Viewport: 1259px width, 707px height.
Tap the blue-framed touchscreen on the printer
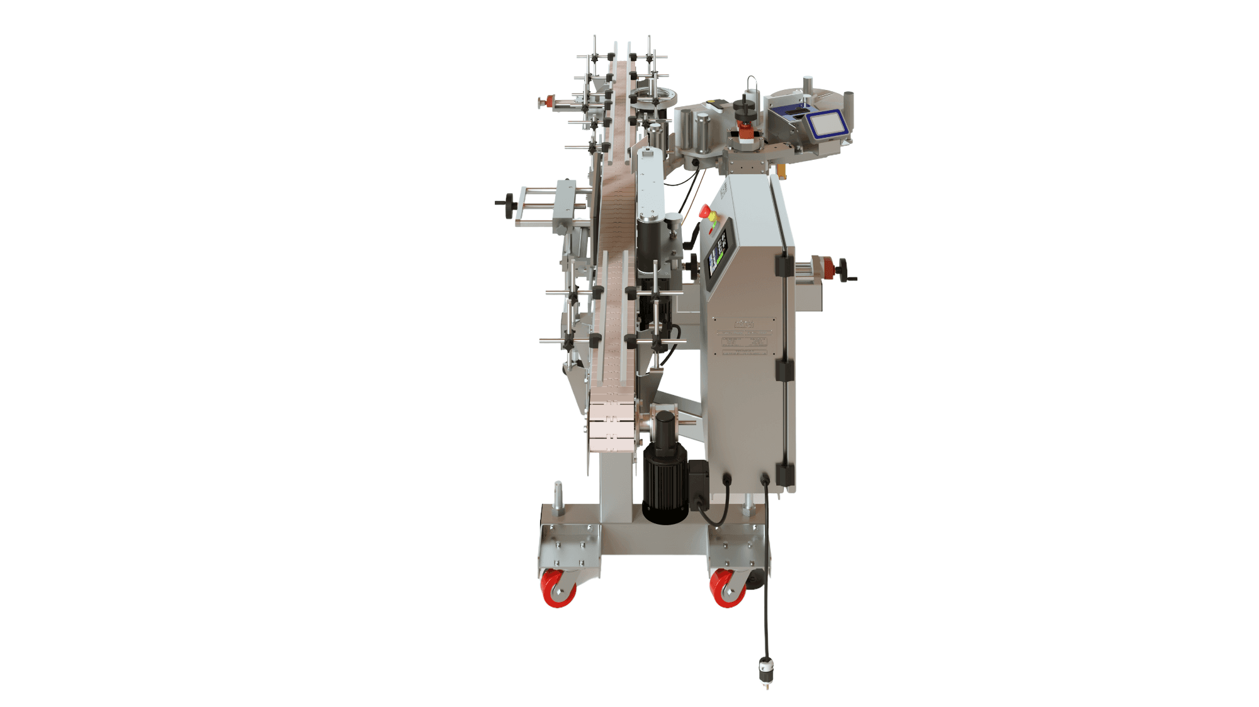[x=826, y=124]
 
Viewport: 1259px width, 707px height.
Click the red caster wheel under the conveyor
[x=558, y=588]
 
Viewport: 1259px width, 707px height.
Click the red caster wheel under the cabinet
[x=727, y=588]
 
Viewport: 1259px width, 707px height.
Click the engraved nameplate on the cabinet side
[x=744, y=339]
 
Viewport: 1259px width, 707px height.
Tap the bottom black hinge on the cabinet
[x=784, y=474]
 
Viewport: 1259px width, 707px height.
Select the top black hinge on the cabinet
[x=784, y=265]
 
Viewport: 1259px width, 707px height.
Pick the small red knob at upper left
[x=548, y=101]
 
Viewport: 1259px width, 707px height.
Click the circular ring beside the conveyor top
[x=654, y=97]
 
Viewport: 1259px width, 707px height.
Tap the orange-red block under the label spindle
[x=745, y=132]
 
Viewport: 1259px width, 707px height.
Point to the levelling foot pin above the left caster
[x=558, y=497]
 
